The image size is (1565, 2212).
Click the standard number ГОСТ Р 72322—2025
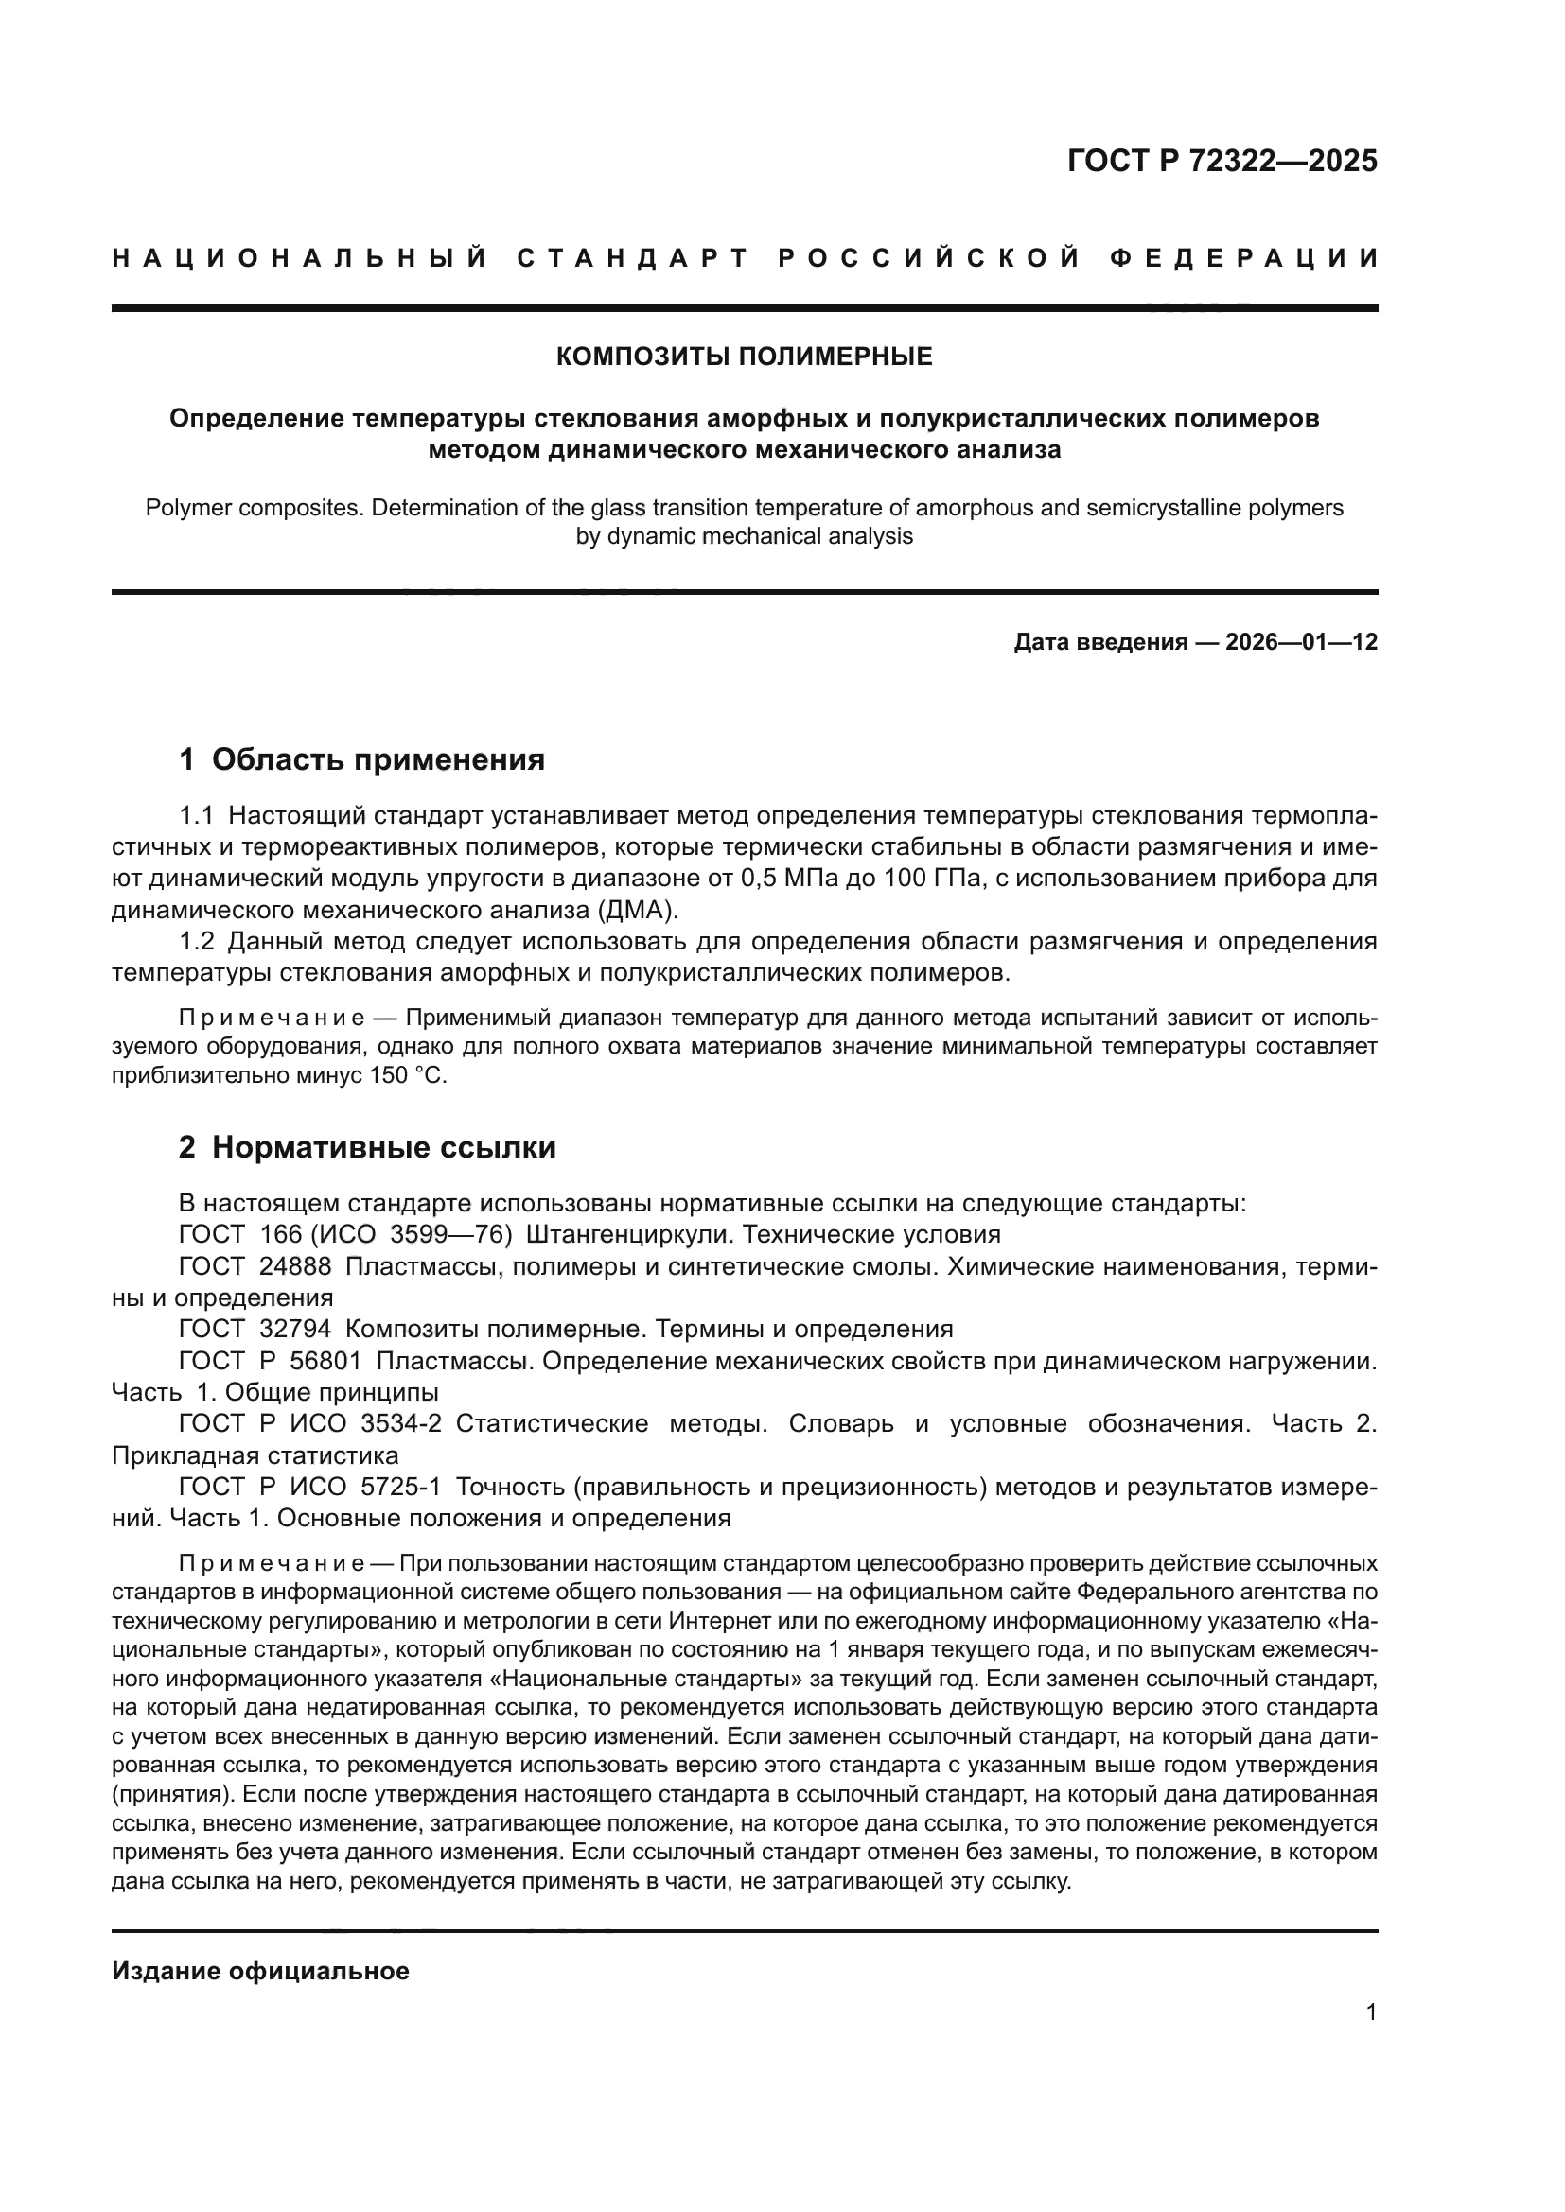coord(1222,161)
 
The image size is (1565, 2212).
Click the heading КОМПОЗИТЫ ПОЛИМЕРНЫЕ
coord(744,357)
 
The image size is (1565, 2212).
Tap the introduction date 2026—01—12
coord(1301,642)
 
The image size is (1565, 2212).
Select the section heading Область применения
coord(378,760)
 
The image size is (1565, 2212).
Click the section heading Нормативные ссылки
coord(383,1147)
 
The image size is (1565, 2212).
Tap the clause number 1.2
coord(197,941)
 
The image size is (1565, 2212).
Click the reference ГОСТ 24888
coord(255,1267)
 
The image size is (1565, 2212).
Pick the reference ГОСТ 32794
coord(255,1330)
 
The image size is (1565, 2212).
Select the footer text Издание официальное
coord(261,1971)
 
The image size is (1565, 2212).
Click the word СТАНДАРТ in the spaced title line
coord(632,258)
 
